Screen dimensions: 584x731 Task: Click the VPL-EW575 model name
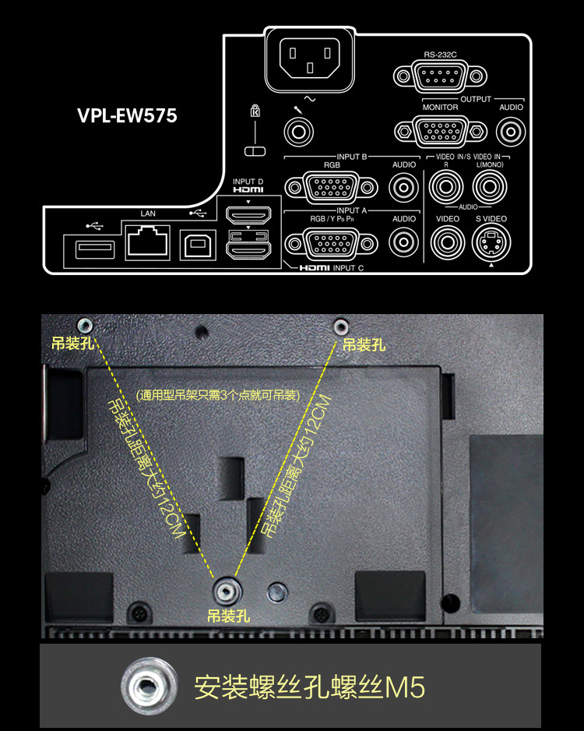click(127, 115)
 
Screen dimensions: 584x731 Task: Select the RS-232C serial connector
click(440, 76)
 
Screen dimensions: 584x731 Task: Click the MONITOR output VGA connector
click(441, 131)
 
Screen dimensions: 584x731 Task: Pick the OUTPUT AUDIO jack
click(511, 132)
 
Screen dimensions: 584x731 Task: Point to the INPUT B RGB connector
click(331, 187)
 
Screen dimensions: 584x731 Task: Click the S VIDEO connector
click(491, 242)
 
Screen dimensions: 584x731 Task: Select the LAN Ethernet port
click(148, 242)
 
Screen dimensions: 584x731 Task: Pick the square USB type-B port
click(198, 244)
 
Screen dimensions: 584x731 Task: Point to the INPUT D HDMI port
click(248, 215)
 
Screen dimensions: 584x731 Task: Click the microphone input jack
click(298, 132)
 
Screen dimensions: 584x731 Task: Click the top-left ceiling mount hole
click(84, 325)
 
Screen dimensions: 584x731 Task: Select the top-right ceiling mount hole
click(341, 326)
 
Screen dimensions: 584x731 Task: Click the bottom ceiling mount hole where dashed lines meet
click(227, 592)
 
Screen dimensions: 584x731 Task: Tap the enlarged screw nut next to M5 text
click(149, 686)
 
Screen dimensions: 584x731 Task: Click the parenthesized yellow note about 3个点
click(218, 395)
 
